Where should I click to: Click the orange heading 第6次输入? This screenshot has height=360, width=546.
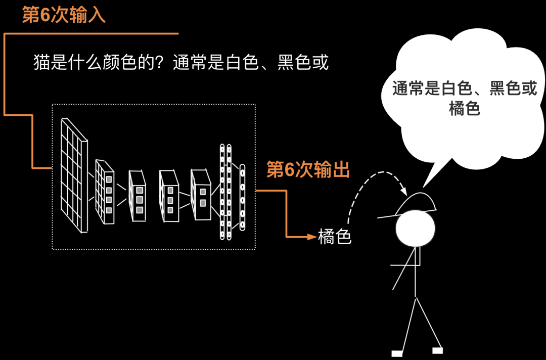(64, 15)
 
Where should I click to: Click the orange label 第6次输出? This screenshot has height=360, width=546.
(308, 170)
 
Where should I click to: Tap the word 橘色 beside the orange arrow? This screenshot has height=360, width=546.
(335, 236)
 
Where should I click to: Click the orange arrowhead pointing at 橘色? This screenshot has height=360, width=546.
(312, 236)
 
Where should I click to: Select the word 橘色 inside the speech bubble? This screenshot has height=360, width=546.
(464, 108)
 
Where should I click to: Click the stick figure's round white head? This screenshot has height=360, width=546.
(415, 229)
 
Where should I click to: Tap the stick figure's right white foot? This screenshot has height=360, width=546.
(437, 350)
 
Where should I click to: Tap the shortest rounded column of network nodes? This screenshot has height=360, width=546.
(242, 197)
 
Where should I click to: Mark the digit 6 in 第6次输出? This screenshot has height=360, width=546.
(289, 170)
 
